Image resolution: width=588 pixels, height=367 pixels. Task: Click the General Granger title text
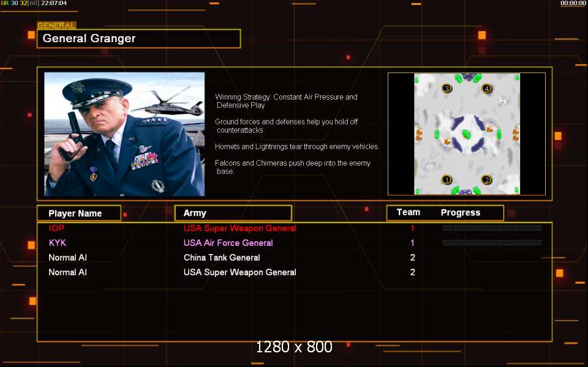pyautogui.click(x=89, y=39)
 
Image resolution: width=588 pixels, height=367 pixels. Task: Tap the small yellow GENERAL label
pyautogui.click(x=56, y=26)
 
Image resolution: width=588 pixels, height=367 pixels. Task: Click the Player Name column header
pyautogui.click(x=75, y=213)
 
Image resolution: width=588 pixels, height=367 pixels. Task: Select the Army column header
pyautogui.click(x=195, y=213)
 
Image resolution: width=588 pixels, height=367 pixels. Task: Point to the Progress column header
pyautogui.click(x=461, y=213)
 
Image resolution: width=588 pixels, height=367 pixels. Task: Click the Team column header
pyautogui.click(x=409, y=212)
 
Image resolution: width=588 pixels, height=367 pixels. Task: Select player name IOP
pyautogui.click(x=56, y=228)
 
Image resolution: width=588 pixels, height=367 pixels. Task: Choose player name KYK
pyautogui.click(x=58, y=243)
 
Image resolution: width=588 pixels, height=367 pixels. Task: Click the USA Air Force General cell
pyautogui.click(x=228, y=243)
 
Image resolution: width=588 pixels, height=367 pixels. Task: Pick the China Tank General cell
pyautogui.click(x=222, y=258)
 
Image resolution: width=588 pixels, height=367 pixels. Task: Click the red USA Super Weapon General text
pyautogui.click(x=239, y=228)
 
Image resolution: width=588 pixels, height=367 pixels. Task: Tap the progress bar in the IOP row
pyautogui.click(x=492, y=228)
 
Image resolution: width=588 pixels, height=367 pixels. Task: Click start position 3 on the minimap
pyautogui.click(x=447, y=89)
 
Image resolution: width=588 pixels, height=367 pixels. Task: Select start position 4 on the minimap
pyautogui.click(x=486, y=89)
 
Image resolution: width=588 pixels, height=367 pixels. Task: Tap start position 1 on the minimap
pyautogui.click(x=447, y=180)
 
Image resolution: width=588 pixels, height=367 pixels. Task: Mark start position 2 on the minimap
pyautogui.click(x=486, y=180)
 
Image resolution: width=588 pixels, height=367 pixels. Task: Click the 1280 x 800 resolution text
pyautogui.click(x=294, y=347)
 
